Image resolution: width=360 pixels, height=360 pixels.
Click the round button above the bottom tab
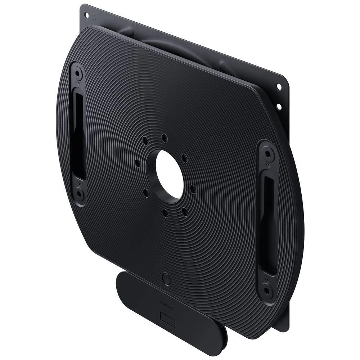(166, 278)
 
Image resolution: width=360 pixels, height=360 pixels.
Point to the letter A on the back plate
(95, 17)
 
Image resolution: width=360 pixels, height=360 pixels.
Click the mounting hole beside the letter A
(86, 15)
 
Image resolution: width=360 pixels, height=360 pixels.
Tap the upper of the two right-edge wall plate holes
(279, 86)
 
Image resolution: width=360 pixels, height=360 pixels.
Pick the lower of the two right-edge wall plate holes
(278, 106)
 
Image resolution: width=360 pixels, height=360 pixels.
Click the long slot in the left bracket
(78, 133)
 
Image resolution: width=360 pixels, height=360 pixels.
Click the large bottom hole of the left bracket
(80, 195)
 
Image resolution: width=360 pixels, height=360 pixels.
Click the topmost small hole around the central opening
(164, 137)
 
